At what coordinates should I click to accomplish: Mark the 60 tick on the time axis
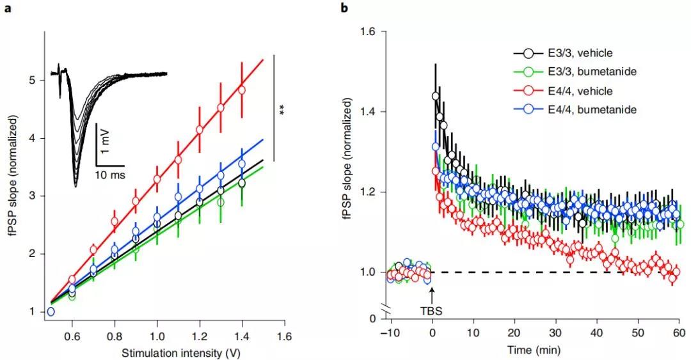pyautogui.click(x=678, y=333)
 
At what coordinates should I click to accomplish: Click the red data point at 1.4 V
pyautogui.click(x=242, y=90)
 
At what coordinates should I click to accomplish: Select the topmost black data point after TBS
pyautogui.click(x=436, y=96)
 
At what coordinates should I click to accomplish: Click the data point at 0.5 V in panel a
pyautogui.click(x=51, y=311)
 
